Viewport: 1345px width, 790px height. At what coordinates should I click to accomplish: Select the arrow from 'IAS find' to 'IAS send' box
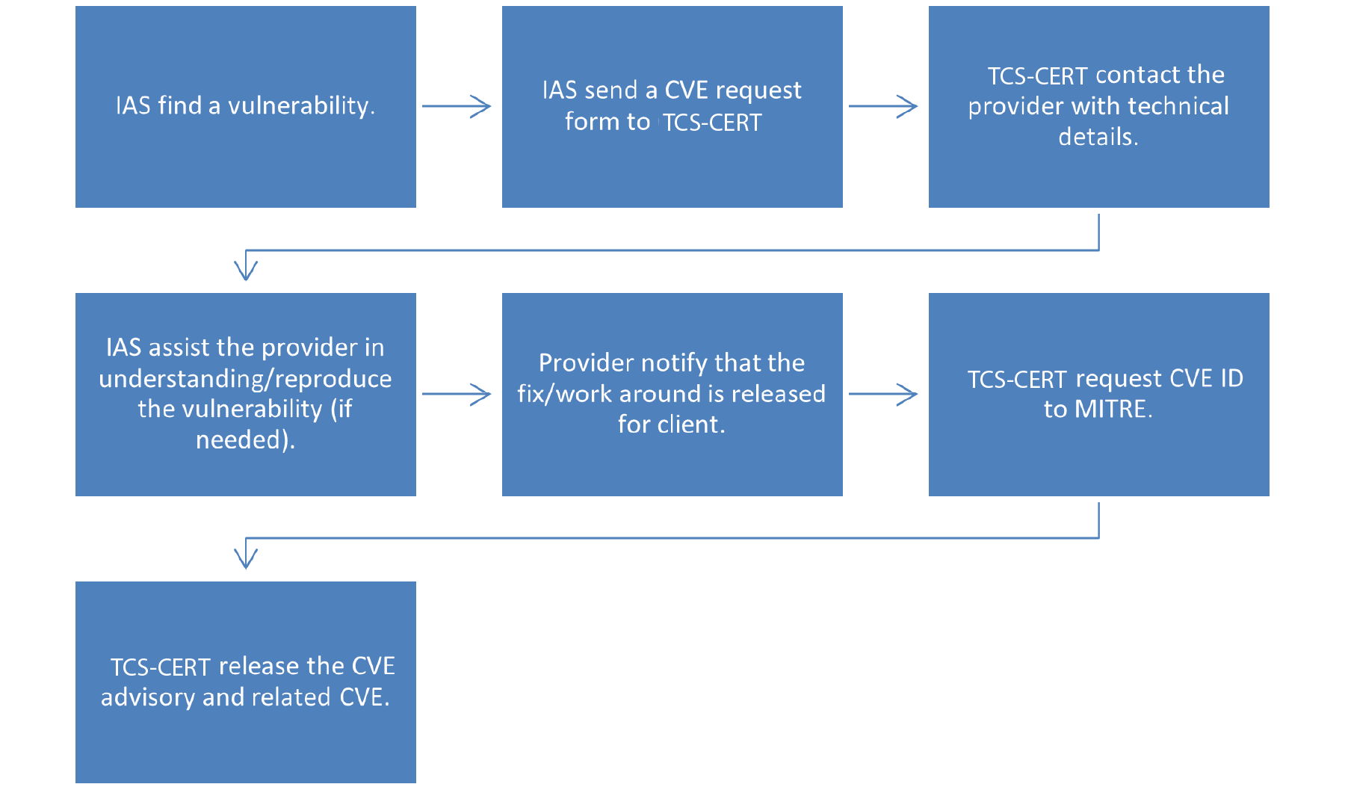coord(457,106)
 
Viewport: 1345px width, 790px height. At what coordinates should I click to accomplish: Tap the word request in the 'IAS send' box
coord(758,91)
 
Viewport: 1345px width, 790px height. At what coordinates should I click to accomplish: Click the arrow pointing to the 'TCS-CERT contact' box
coord(883,106)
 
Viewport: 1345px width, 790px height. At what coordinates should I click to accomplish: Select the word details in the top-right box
coord(1097,137)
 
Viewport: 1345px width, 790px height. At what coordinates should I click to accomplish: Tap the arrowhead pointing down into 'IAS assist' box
coord(246,269)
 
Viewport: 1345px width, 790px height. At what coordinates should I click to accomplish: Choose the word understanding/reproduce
coord(245,379)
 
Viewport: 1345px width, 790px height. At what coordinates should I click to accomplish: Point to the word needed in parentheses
coord(241,440)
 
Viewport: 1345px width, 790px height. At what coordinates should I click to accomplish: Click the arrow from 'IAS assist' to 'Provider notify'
coord(457,394)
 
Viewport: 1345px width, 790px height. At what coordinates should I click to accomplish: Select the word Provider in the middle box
coord(586,363)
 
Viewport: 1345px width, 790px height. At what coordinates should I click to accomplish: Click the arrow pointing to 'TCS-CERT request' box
coord(883,394)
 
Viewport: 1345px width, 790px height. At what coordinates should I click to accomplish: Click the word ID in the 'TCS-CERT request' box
coord(1231,379)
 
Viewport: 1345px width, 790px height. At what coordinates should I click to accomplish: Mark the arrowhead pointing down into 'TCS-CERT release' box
coord(246,558)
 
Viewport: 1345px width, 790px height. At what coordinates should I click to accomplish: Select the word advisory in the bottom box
coord(148,697)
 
